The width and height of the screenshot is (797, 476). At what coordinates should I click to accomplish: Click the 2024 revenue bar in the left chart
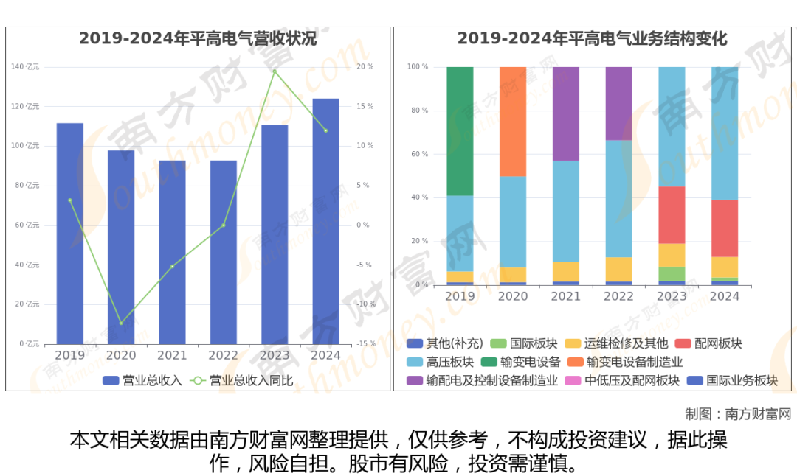325,221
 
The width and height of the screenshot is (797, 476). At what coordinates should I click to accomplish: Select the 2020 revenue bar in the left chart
121,247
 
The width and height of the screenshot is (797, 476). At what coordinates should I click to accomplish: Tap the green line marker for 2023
275,71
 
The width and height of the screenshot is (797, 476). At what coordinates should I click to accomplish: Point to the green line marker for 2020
121,323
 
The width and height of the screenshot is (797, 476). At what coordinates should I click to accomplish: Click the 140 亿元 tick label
25,67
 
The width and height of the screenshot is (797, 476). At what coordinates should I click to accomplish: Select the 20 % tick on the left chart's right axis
365,67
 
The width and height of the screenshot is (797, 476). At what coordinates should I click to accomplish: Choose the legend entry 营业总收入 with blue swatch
142,381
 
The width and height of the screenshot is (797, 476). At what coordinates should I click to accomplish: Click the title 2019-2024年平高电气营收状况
198,39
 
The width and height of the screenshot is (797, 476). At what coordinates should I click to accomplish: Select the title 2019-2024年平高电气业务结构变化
592,39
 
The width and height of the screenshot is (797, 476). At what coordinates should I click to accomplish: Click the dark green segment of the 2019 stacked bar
460,131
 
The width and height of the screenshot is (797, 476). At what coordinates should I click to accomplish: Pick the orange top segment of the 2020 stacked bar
513,122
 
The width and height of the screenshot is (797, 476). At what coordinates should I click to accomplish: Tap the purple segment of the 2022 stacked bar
618,103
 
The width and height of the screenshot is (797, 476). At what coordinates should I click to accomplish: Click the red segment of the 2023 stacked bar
672,214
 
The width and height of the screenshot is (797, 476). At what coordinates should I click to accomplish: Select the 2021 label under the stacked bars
566,296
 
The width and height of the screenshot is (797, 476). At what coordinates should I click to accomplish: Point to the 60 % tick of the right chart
418,154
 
